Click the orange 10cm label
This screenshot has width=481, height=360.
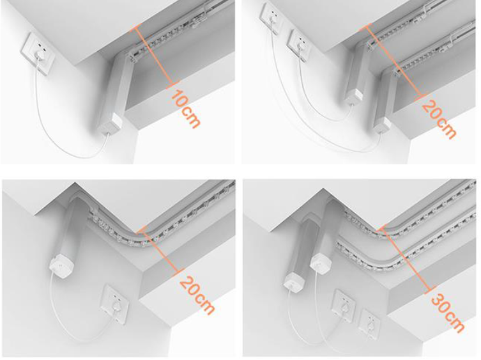[x=185, y=108]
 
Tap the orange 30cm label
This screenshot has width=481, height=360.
[x=448, y=313]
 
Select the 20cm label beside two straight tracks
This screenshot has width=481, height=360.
[x=439, y=119]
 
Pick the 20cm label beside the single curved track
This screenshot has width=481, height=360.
[x=196, y=295]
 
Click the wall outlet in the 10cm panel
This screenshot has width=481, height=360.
[x=38, y=54]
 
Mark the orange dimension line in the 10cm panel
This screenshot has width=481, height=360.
[x=153, y=56]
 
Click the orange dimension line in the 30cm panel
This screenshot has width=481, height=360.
[x=406, y=260]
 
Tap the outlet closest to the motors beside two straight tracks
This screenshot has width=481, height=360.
[x=299, y=45]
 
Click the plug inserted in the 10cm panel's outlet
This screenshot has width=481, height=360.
[x=39, y=55]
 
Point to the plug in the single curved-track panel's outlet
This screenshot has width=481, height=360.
[x=116, y=306]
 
